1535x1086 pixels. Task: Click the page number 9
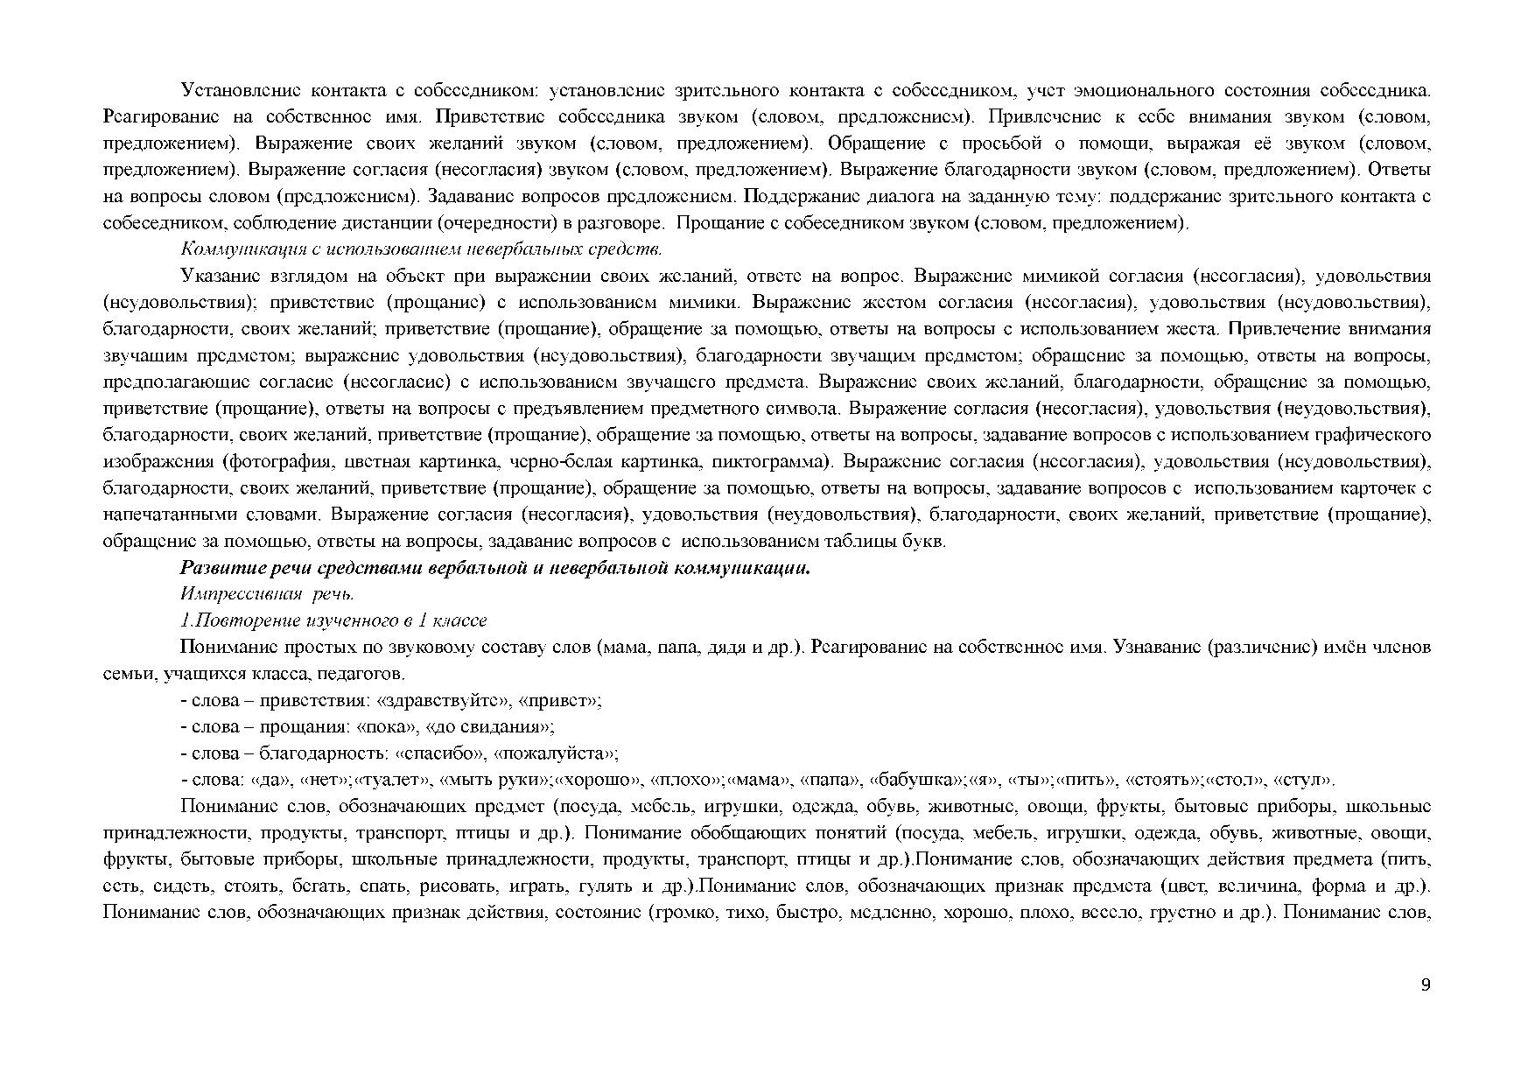pos(1426,985)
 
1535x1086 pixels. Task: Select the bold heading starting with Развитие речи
pos(495,568)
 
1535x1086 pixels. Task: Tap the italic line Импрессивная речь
pos(267,594)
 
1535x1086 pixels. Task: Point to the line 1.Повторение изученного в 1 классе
pos(333,620)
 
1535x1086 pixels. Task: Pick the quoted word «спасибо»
pos(441,753)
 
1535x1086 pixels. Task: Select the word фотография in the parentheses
pos(281,461)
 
